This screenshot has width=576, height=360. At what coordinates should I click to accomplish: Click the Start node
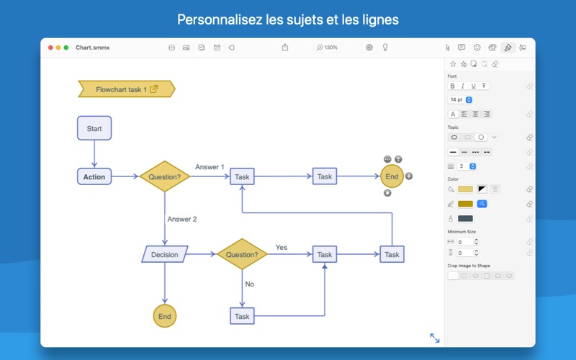(94, 129)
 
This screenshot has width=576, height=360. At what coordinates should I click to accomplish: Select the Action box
(94, 177)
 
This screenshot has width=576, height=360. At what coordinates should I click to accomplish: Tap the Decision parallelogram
(165, 254)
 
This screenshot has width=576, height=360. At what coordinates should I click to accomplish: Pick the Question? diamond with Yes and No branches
(242, 254)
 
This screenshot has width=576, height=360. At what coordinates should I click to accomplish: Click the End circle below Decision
(165, 316)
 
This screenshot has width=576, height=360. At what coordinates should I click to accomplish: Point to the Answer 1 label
(210, 167)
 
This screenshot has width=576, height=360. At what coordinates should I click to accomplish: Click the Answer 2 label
(181, 219)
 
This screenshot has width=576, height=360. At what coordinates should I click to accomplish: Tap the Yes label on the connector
(281, 247)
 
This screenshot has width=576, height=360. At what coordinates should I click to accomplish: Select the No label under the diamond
(250, 284)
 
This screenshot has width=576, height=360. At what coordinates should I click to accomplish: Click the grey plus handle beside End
(409, 176)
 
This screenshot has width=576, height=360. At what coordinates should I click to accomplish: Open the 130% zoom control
(328, 48)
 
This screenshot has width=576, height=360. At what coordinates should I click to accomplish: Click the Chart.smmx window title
(92, 48)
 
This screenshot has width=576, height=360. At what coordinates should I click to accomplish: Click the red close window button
(50, 48)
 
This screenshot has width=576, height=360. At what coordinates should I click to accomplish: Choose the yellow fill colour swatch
(466, 189)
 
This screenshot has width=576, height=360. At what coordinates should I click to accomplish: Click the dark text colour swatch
(466, 218)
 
